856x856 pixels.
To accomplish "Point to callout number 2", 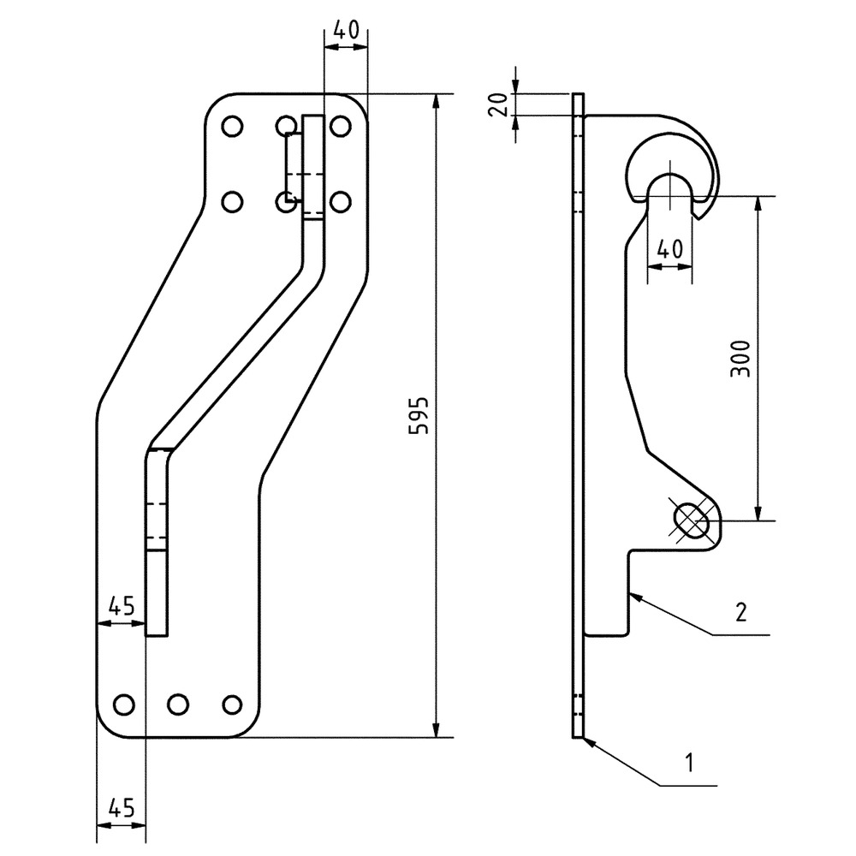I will point(741,611).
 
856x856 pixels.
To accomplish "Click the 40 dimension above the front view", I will point(345,30).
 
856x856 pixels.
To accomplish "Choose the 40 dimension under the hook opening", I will point(669,250).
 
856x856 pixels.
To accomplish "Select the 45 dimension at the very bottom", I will point(121,807).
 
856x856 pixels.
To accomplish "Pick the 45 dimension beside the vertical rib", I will point(121,606).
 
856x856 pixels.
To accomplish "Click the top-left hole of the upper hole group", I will point(230,127).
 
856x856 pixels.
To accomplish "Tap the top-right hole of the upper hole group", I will point(340,127).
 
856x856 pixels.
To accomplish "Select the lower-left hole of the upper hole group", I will point(230,202).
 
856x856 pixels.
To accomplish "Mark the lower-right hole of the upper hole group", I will point(340,202).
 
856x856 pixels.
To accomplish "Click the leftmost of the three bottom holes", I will point(123,704).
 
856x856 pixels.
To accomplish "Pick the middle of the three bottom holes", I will point(177,704).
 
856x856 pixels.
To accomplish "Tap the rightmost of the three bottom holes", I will point(230,704).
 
